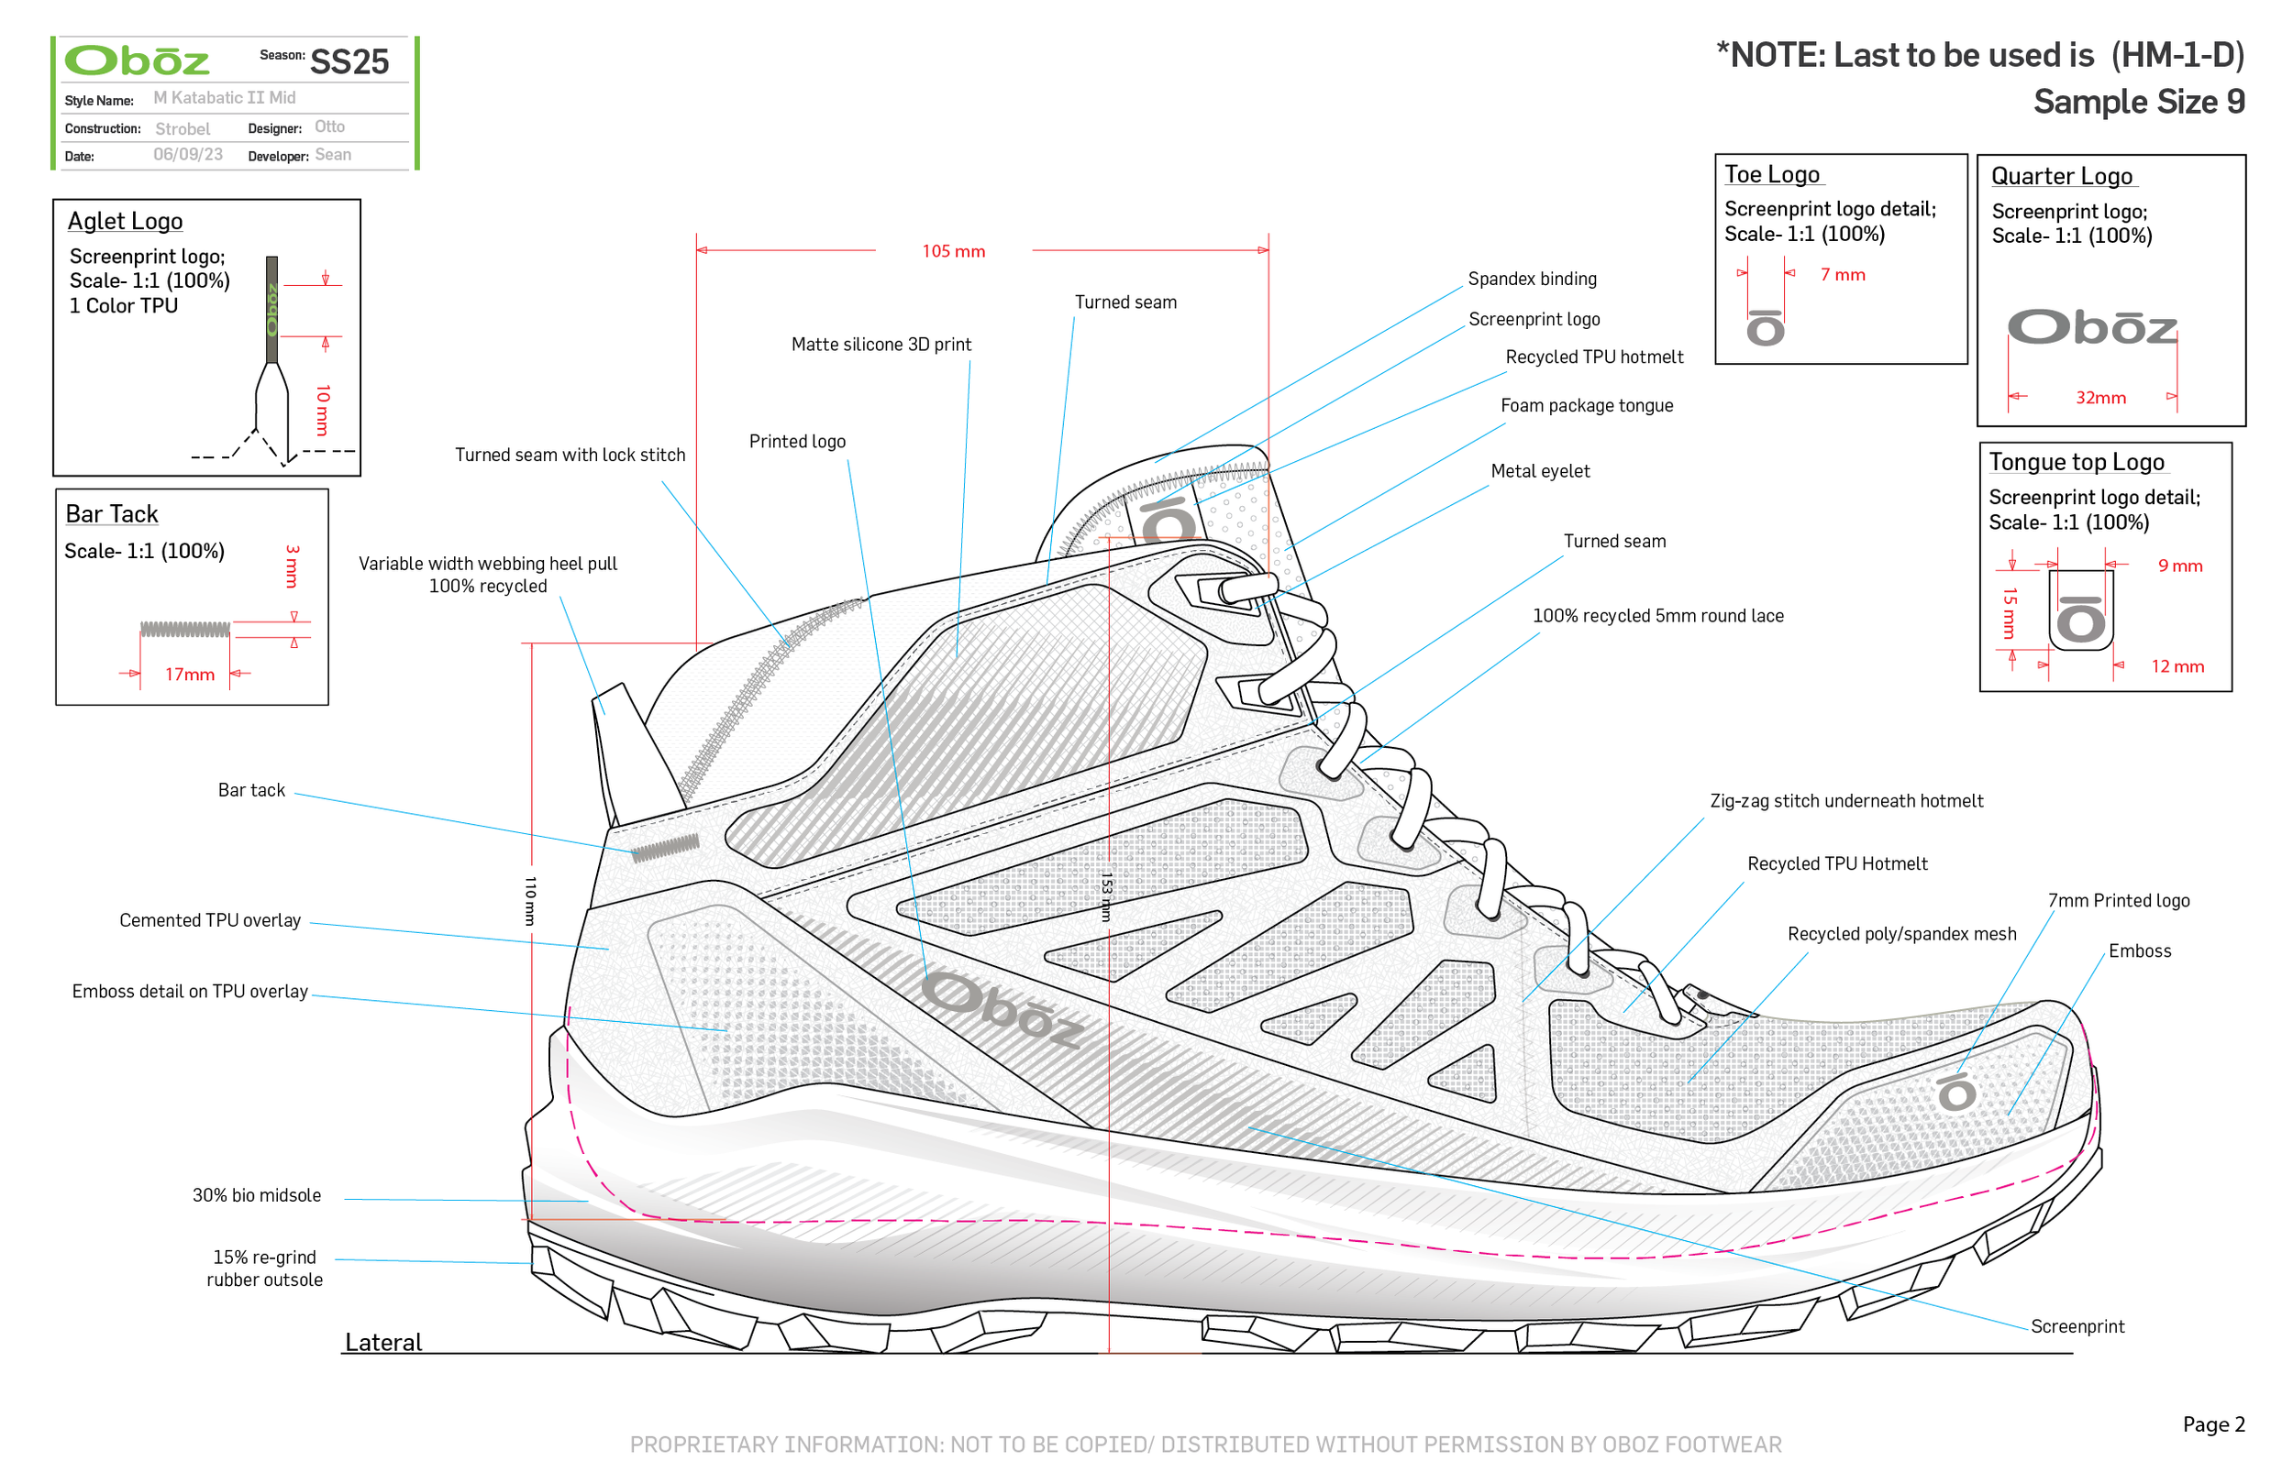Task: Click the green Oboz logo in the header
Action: coord(137,60)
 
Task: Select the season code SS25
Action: coord(349,61)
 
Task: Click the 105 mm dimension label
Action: coord(953,251)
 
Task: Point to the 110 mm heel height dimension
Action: coord(530,900)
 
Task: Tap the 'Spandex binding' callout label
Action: coord(1532,280)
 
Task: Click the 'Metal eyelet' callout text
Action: coord(1540,471)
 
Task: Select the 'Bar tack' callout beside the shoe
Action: coord(250,790)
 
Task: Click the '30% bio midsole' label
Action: coord(256,1195)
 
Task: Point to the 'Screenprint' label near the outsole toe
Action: coord(2077,1326)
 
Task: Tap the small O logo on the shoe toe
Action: coord(1955,1092)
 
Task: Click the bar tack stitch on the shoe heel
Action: coord(665,848)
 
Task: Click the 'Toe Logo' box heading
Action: coord(1771,174)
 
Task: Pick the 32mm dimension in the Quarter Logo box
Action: coord(2099,398)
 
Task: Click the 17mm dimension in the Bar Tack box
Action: coord(189,674)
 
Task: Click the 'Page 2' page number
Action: coord(2213,1423)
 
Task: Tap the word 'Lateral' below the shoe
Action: coord(383,1342)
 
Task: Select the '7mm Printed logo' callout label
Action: coord(2118,900)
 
